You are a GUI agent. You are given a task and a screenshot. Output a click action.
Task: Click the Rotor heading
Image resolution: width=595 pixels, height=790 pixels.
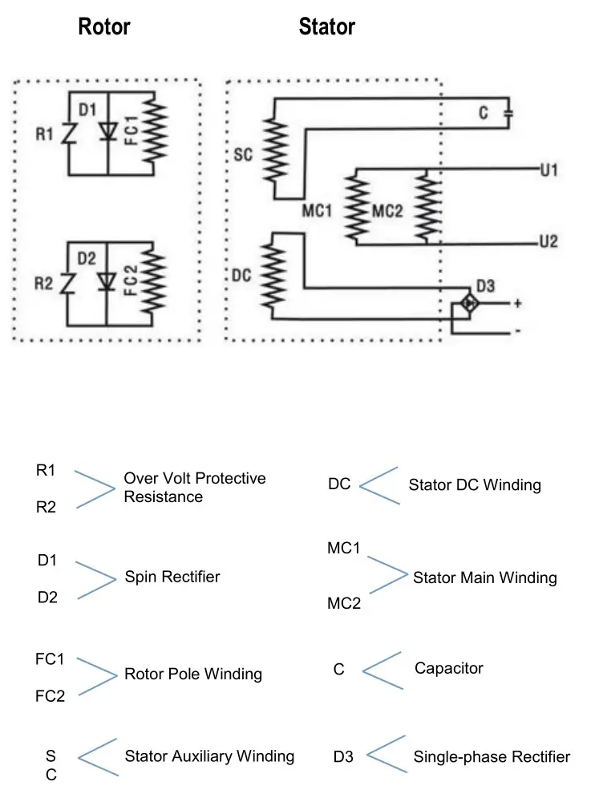tap(103, 27)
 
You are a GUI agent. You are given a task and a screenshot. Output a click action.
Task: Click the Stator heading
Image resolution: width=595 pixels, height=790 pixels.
tap(326, 27)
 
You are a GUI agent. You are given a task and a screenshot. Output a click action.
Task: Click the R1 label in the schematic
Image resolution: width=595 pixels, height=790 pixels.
tap(44, 133)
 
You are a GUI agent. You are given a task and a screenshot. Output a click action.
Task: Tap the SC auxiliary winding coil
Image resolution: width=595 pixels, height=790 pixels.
tap(276, 152)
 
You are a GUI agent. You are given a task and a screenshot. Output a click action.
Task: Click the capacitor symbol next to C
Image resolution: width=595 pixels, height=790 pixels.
tap(507, 113)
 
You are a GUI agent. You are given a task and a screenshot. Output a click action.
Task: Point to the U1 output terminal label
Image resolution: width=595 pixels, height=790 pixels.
tap(548, 170)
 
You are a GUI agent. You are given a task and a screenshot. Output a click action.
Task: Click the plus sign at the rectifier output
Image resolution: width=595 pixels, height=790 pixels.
tap(517, 303)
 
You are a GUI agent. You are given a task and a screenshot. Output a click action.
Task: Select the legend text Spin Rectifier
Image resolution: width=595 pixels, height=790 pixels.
tap(172, 577)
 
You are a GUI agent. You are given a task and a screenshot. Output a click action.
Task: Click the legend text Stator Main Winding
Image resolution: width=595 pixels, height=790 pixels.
tap(484, 577)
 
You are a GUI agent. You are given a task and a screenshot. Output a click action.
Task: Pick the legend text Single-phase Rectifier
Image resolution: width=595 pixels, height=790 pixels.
tap(492, 756)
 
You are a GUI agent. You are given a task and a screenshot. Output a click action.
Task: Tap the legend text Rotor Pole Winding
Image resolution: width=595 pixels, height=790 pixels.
tap(192, 674)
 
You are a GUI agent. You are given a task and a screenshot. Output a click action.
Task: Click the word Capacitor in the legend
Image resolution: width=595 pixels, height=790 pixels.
tap(448, 667)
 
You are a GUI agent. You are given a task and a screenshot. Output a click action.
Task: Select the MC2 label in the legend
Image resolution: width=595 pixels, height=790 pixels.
tap(344, 604)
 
